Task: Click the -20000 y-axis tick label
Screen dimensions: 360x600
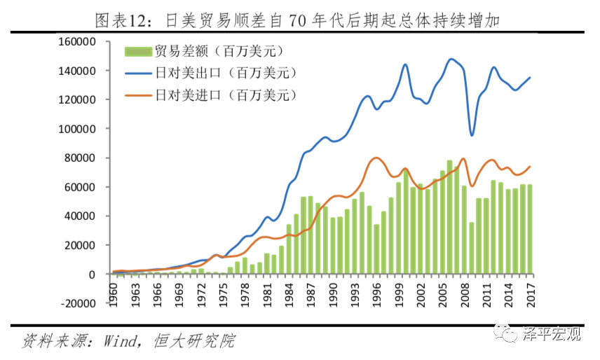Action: coord(76,304)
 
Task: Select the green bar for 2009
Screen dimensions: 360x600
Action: coord(472,248)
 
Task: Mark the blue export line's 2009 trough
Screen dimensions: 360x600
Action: coord(472,135)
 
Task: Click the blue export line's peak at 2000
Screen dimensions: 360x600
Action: coord(405,64)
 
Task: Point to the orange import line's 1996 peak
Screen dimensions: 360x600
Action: coord(376,158)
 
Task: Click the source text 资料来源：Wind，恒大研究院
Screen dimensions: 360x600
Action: coord(130,342)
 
